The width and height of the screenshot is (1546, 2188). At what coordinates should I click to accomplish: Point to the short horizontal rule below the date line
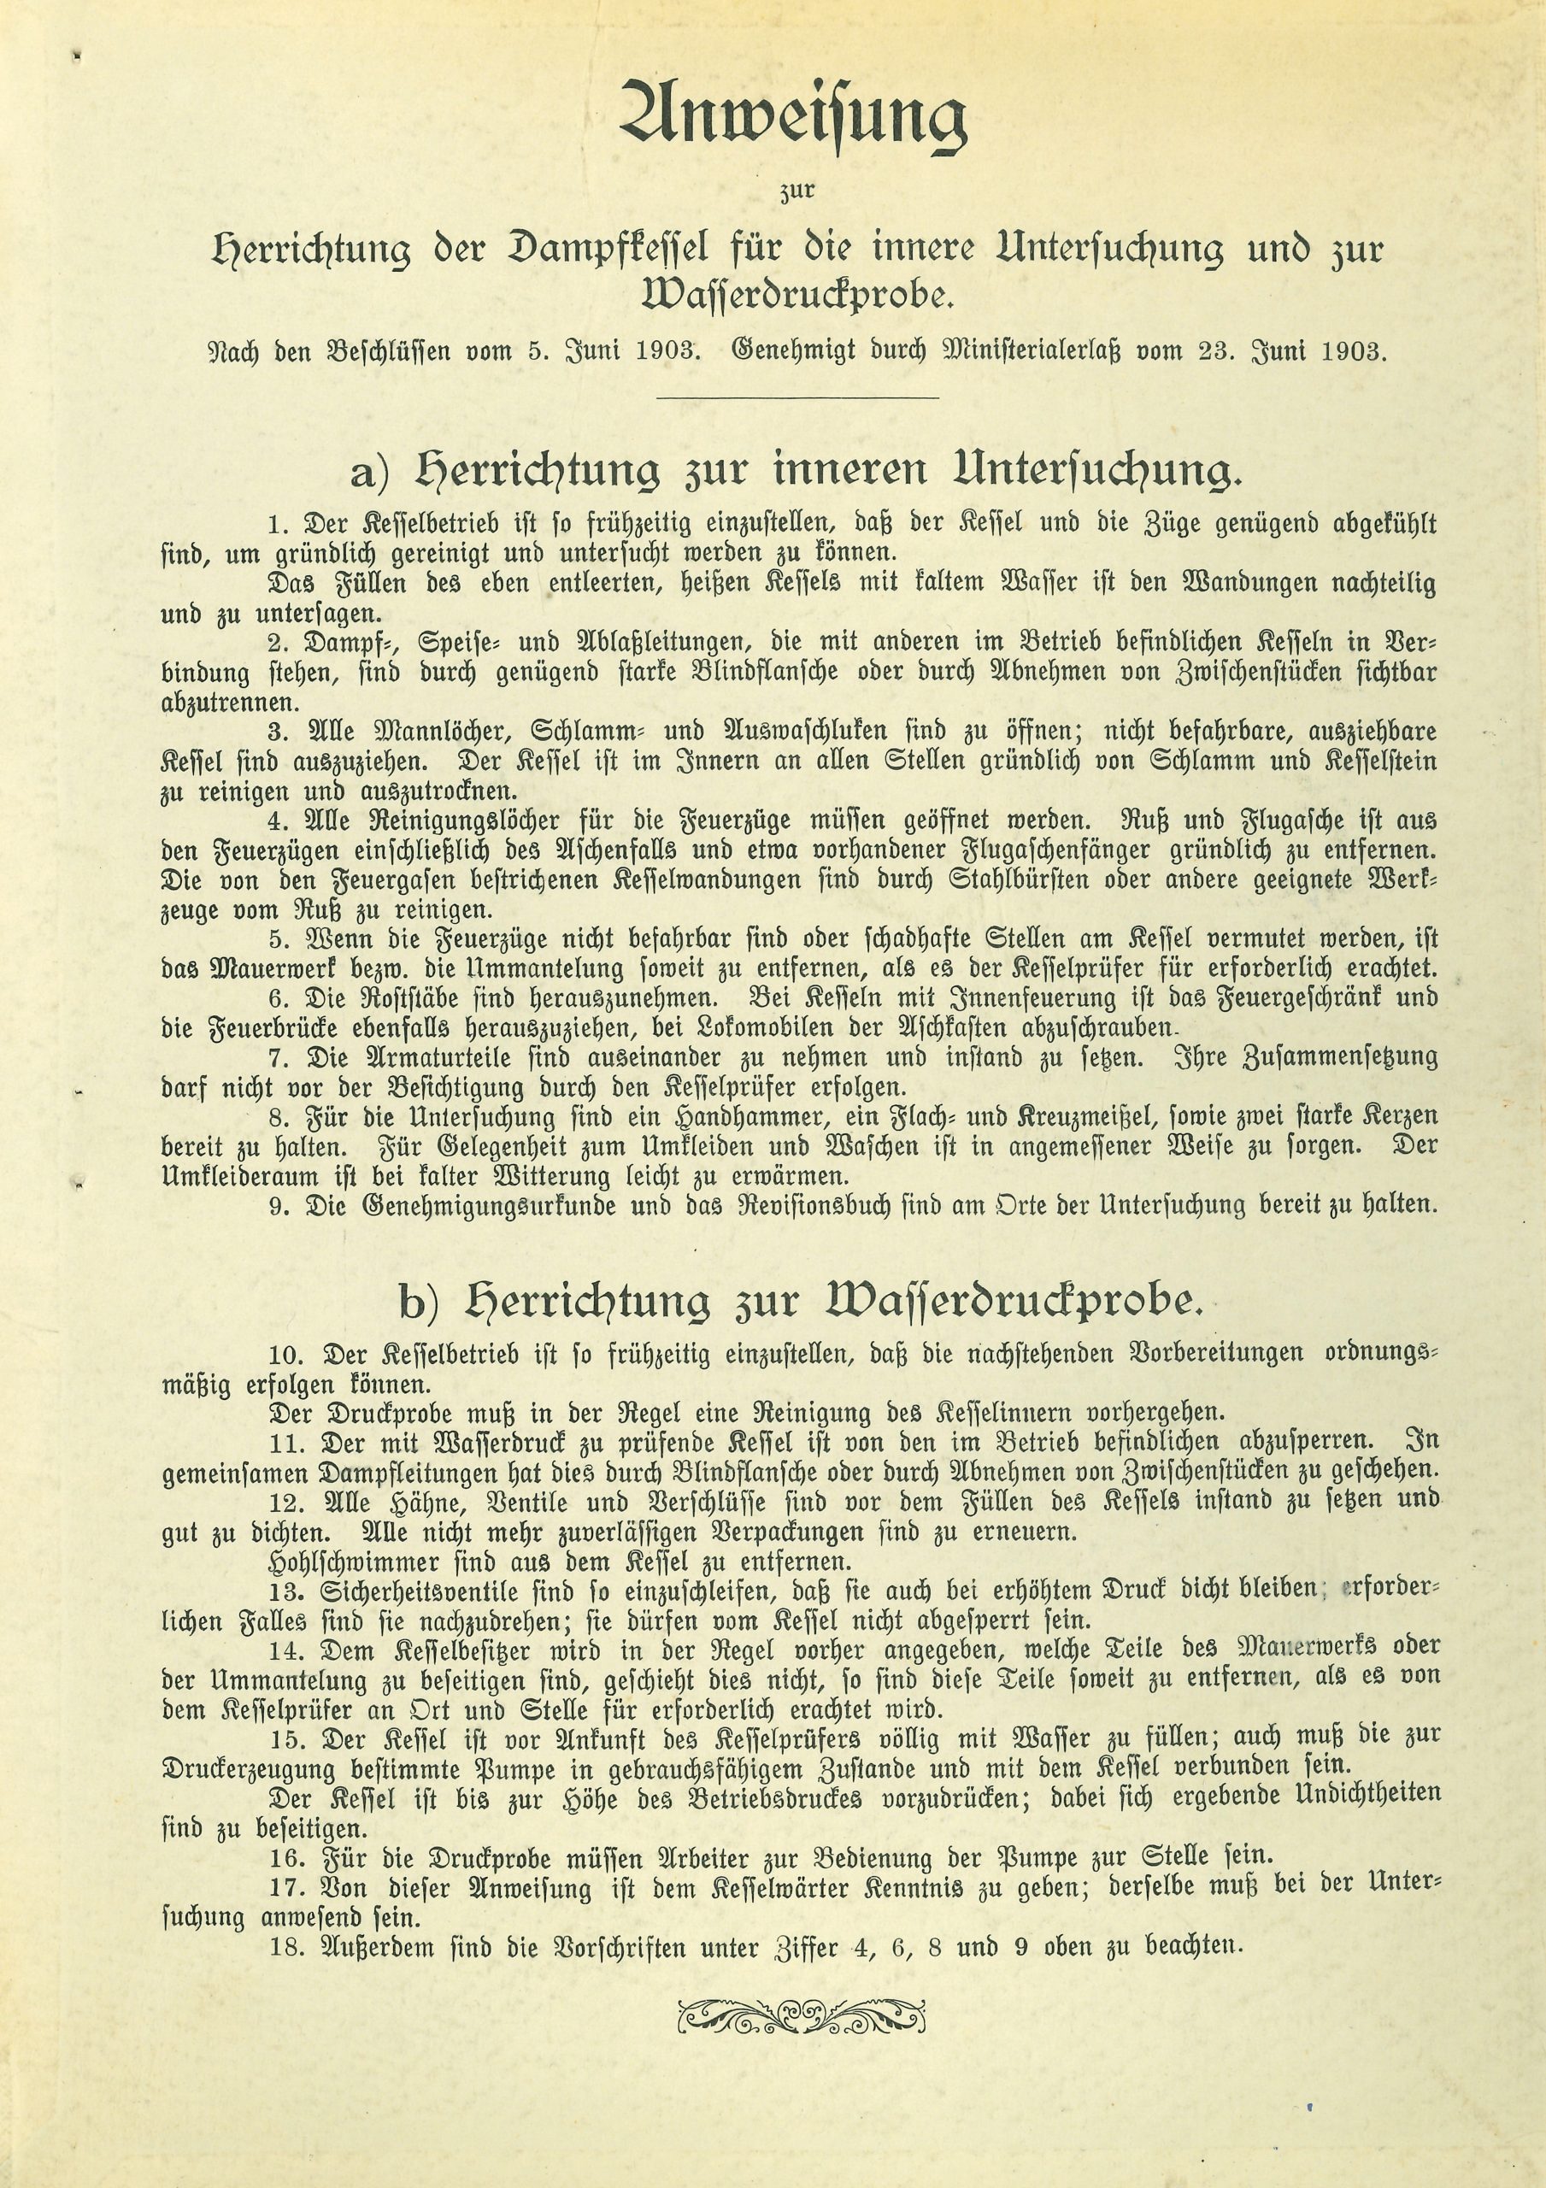click(x=797, y=397)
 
